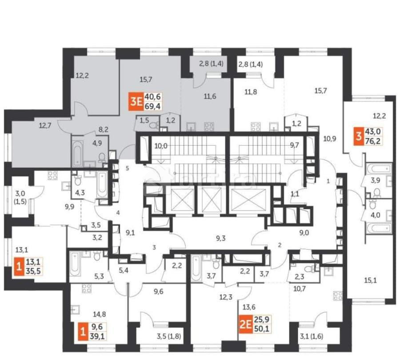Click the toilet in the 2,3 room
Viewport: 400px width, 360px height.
(308, 269)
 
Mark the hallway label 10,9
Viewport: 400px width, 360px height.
(329, 139)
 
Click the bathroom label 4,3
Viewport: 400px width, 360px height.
(80, 193)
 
